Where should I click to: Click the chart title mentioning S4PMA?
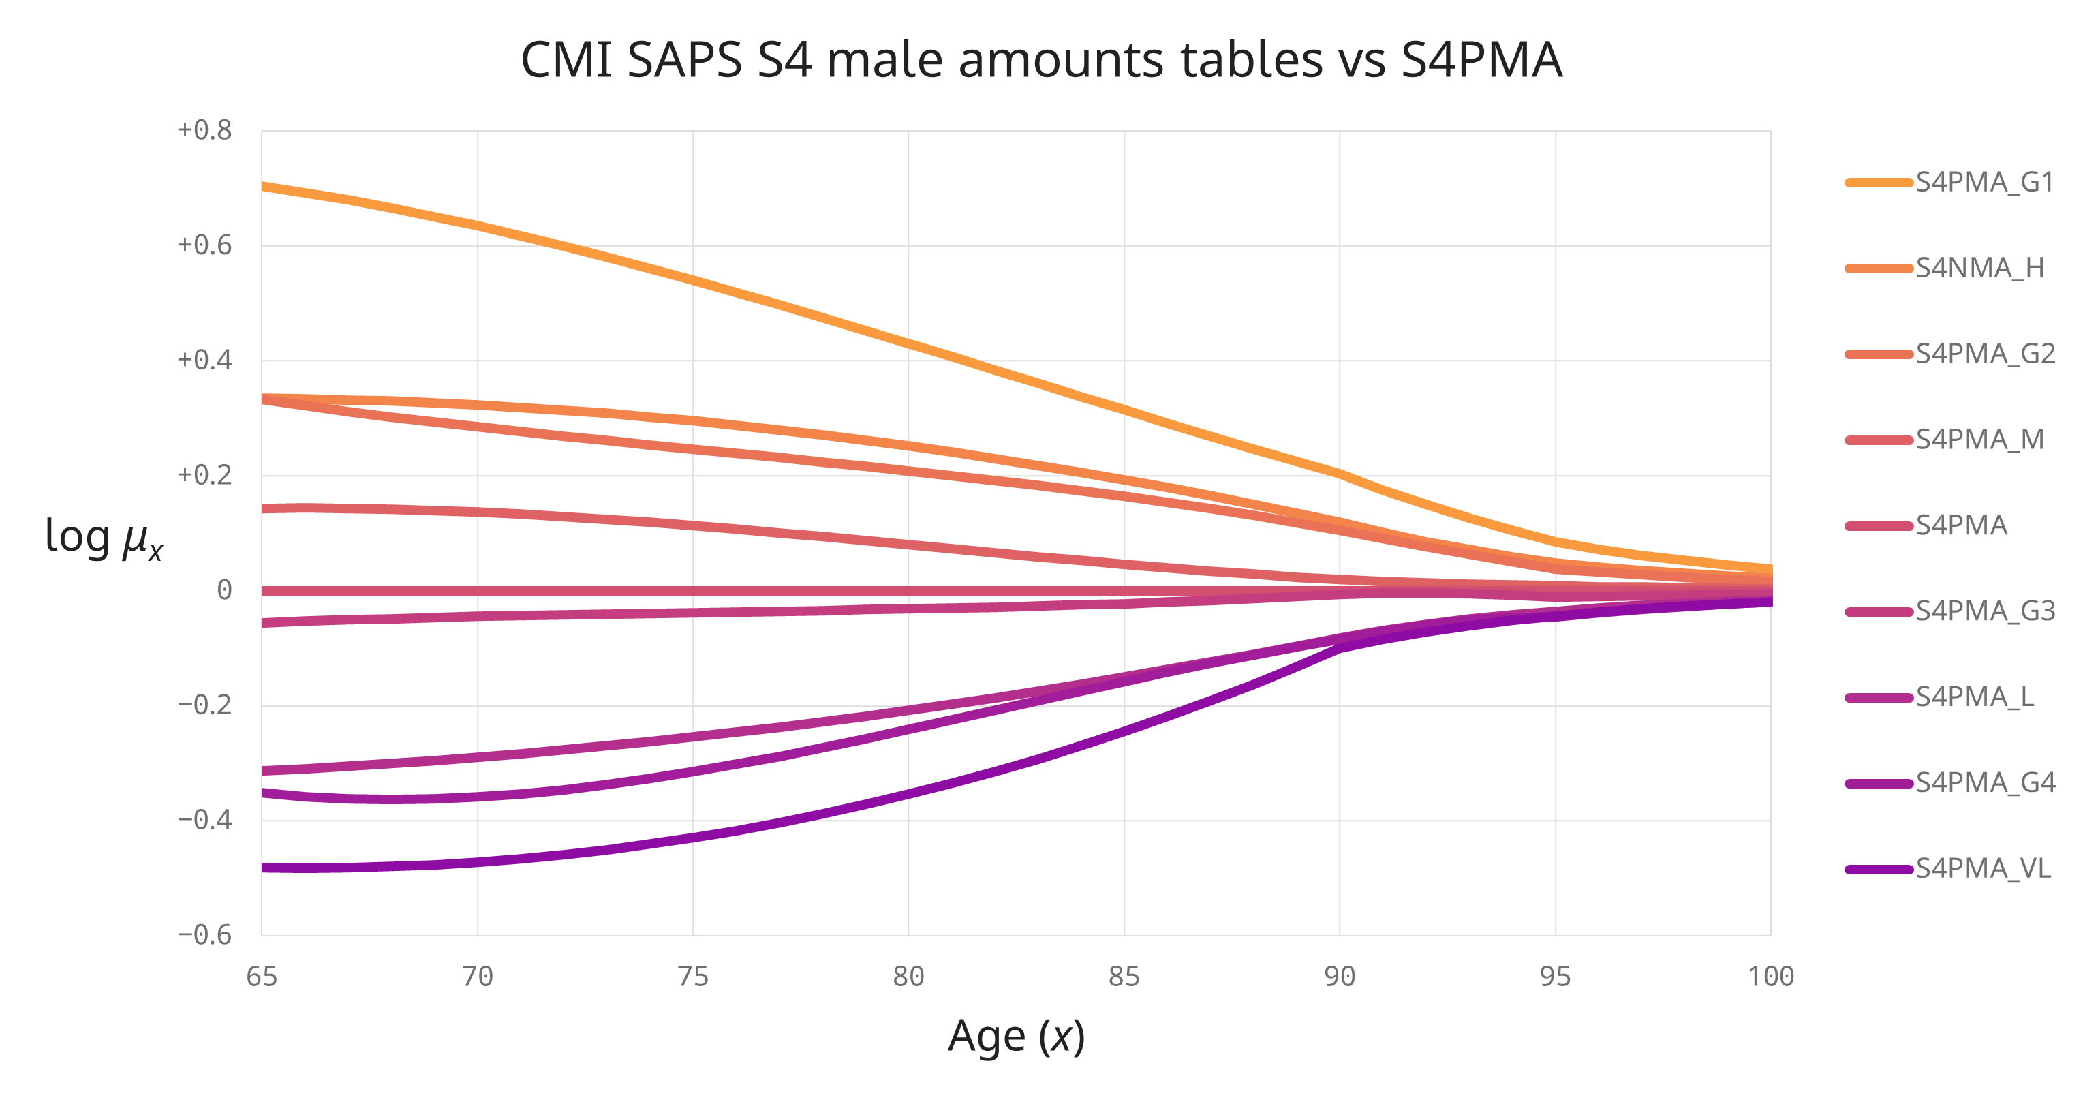point(1040,60)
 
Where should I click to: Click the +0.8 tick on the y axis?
point(204,130)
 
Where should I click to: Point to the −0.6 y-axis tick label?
point(204,936)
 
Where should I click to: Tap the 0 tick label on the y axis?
point(224,590)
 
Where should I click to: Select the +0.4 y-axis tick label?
point(204,361)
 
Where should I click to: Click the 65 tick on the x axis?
point(261,977)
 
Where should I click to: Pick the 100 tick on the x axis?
point(1771,977)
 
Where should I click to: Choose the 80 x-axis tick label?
point(908,977)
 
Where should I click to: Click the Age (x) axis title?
point(1016,1037)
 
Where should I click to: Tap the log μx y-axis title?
point(104,538)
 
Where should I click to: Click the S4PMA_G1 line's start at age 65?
point(264,186)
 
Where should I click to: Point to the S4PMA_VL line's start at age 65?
point(264,868)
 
